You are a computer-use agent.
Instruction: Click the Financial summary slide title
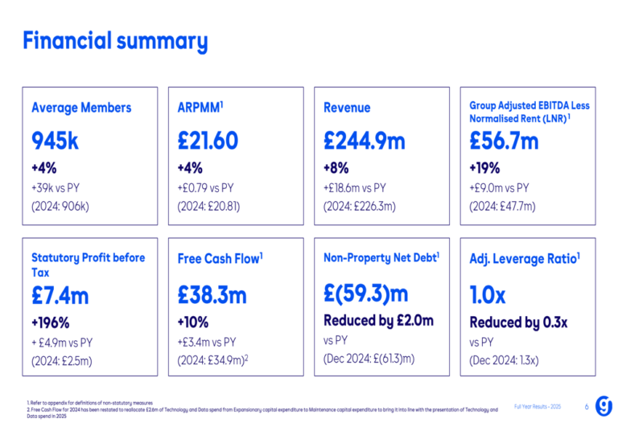[x=115, y=41]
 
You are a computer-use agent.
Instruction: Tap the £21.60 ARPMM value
[x=208, y=141]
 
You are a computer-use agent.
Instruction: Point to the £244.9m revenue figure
[x=365, y=141]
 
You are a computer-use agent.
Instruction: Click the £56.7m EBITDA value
[x=504, y=141]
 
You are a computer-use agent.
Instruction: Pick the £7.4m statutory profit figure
[x=60, y=295]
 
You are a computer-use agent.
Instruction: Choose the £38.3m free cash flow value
[x=212, y=295]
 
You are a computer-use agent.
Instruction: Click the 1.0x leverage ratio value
[x=488, y=295]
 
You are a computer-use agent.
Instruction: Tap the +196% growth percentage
[x=50, y=322]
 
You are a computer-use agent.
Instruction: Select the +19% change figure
[x=484, y=168]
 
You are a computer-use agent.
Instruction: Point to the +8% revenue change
[x=336, y=168]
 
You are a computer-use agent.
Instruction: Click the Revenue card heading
[x=347, y=108]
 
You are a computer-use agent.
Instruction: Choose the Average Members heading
[x=81, y=108]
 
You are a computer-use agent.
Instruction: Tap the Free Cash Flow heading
[x=220, y=259]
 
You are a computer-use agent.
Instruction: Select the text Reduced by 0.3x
[x=518, y=322]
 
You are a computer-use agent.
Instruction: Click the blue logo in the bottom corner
[x=602, y=405]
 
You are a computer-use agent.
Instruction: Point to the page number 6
[x=587, y=407]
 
